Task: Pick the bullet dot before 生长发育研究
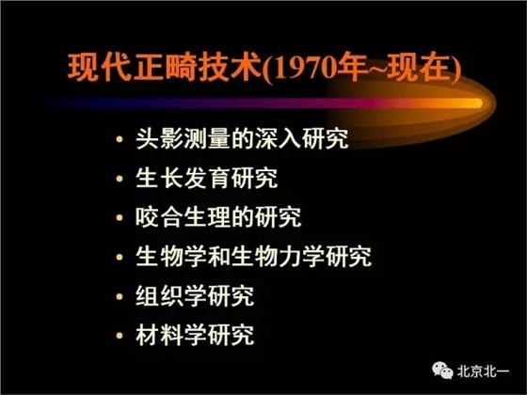(117, 179)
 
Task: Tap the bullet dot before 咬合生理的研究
(117, 218)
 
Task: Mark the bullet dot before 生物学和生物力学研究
(117, 257)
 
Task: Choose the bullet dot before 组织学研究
(117, 295)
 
